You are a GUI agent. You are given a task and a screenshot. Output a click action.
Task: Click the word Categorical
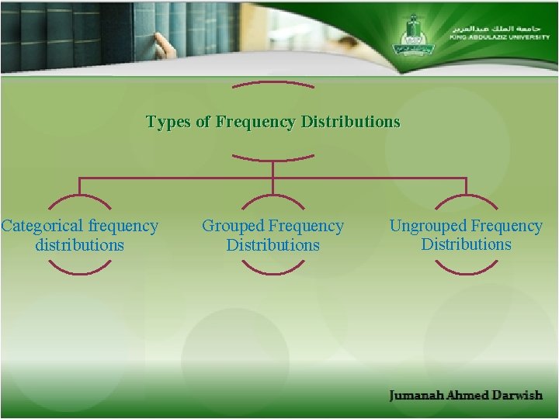pyautogui.click(x=42, y=227)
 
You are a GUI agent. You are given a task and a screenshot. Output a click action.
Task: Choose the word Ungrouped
pyautogui.click(x=428, y=227)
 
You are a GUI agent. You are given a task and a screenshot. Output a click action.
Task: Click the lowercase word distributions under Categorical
pyautogui.click(x=79, y=245)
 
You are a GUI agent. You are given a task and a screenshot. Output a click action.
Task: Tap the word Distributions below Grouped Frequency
pyautogui.click(x=273, y=245)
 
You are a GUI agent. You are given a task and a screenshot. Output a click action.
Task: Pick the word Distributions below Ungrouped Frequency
pyautogui.click(x=466, y=244)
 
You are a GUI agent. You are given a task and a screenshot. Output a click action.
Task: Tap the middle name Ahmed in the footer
pyautogui.click(x=468, y=396)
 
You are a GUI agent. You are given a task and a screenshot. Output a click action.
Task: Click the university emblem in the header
pyautogui.click(x=412, y=35)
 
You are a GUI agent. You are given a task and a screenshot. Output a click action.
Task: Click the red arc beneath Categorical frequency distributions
pyautogui.click(x=79, y=268)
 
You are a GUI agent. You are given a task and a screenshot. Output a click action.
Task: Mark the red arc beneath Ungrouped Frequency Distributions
pyautogui.click(x=466, y=268)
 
